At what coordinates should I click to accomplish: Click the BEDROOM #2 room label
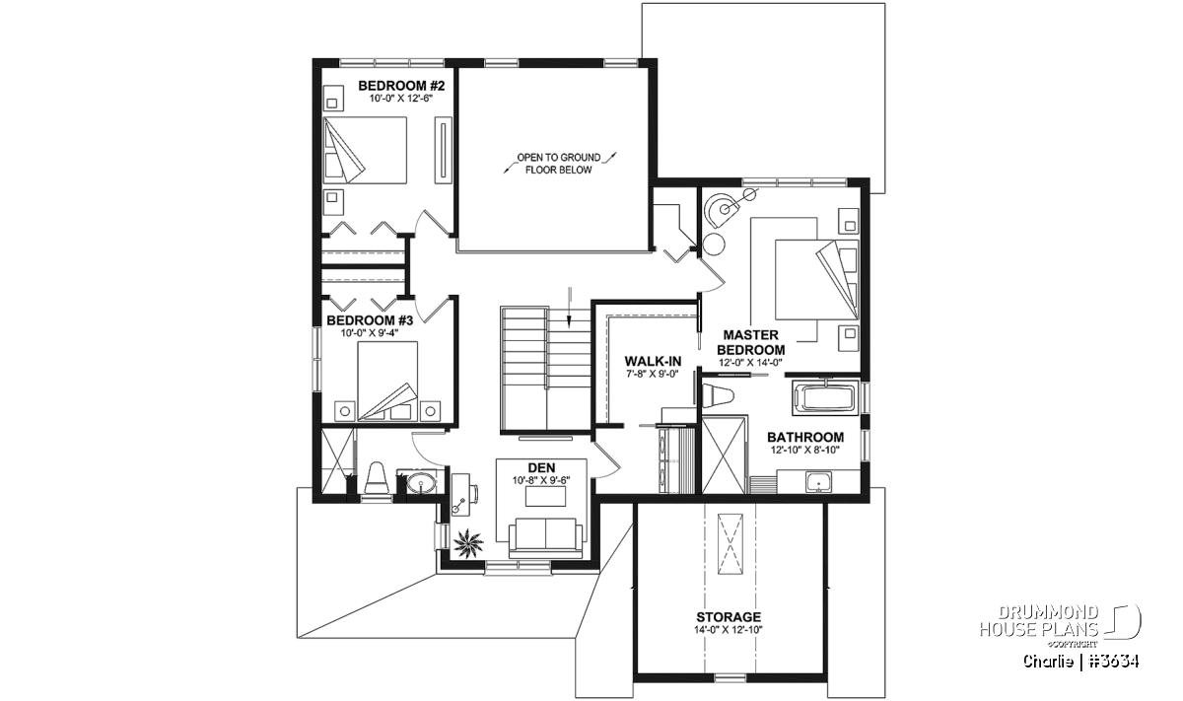401,86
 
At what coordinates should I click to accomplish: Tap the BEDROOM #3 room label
370,320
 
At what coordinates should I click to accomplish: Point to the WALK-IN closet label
653,361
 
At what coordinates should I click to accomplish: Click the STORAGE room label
729,617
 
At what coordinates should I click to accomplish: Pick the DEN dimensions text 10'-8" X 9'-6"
541,481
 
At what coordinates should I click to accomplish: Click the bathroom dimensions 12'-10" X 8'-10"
805,450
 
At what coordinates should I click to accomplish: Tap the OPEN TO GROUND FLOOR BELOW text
559,164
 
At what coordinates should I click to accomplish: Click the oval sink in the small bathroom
422,483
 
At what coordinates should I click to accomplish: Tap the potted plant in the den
468,544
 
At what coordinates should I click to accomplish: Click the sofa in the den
545,537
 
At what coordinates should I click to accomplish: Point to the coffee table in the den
545,497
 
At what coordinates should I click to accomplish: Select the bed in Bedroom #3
387,381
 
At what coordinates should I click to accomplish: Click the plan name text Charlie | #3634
1080,662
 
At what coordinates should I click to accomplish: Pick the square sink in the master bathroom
818,482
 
